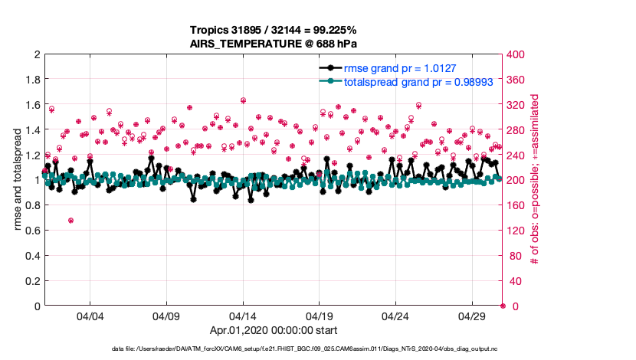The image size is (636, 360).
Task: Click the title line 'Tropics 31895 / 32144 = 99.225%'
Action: [x=274, y=30]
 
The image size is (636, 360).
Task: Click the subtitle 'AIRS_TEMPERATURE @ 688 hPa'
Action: [x=274, y=44]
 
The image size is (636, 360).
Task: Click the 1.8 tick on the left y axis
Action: [x=32, y=80]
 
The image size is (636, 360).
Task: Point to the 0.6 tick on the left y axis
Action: [x=32, y=231]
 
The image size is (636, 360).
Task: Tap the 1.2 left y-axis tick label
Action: [x=32, y=155]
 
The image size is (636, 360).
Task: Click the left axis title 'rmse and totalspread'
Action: [x=18, y=180]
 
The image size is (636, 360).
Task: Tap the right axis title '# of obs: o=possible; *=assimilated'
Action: [x=534, y=181]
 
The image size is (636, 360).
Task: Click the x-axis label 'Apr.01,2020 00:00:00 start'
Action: [x=274, y=331]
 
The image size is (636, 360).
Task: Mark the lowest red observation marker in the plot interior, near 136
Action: [x=70, y=221]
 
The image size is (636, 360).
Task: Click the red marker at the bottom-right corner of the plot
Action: [x=503, y=306]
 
